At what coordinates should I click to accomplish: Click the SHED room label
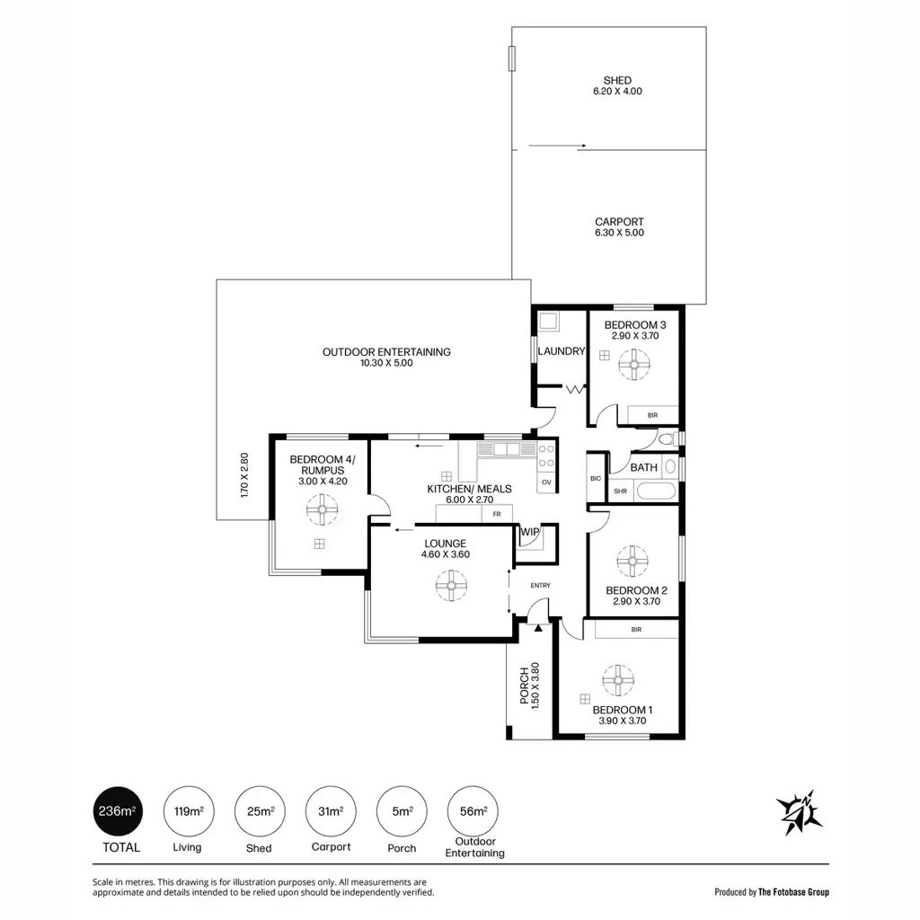(x=617, y=80)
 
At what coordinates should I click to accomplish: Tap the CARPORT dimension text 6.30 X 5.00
(x=619, y=233)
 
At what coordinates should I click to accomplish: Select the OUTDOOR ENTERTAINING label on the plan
(x=386, y=352)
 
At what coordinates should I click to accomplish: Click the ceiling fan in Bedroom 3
(x=634, y=365)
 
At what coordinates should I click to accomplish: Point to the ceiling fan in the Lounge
(x=451, y=585)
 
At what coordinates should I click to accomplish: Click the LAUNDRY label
(x=562, y=351)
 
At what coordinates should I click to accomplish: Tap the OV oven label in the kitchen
(x=546, y=482)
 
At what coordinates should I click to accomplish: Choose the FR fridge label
(x=496, y=514)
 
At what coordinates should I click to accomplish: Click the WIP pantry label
(x=530, y=532)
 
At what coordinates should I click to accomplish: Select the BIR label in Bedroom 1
(x=637, y=630)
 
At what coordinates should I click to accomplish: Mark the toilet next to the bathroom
(x=668, y=438)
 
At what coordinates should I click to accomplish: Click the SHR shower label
(x=620, y=491)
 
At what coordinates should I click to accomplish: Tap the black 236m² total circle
(x=118, y=811)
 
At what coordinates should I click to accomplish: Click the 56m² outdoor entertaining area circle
(x=473, y=811)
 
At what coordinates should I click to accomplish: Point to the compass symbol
(x=799, y=812)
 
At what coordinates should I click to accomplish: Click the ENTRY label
(x=540, y=585)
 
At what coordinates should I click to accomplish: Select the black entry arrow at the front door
(x=538, y=628)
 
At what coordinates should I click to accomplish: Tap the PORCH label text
(x=525, y=686)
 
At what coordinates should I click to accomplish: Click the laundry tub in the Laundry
(x=549, y=321)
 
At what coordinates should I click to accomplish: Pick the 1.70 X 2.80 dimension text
(x=244, y=475)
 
